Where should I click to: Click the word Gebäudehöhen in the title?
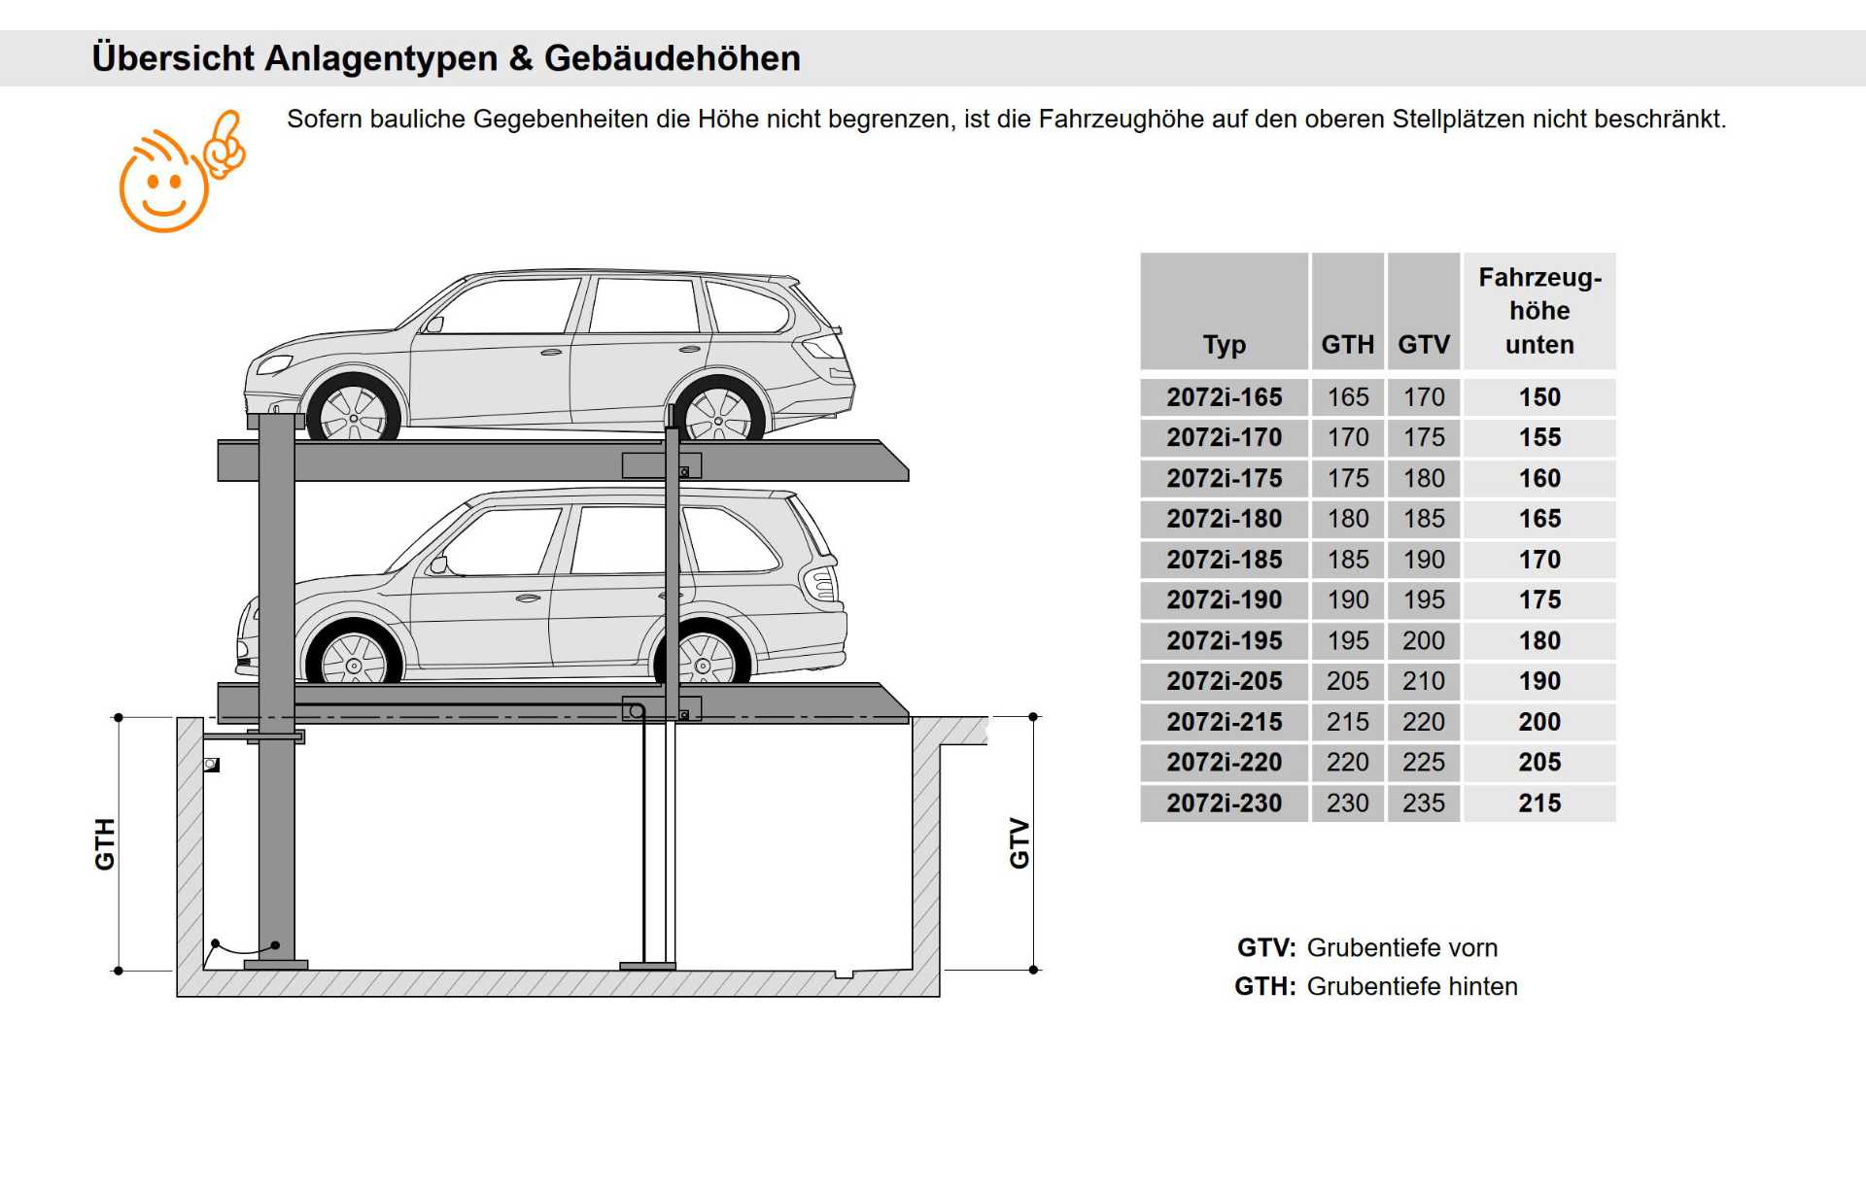(x=672, y=58)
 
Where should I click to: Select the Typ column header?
(x=1224, y=345)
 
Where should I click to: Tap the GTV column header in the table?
(x=1423, y=345)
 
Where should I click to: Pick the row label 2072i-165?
(x=1224, y=397)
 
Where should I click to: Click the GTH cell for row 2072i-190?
(x=1347, y=600)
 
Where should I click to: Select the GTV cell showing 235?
(x=1423, y=804)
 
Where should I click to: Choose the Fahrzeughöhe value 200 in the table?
(x=1539, y=722)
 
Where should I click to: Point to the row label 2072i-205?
(x=1224, y=681)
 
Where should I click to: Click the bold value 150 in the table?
(x=1539, y=397)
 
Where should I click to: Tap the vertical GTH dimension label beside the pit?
(x=105, y=843)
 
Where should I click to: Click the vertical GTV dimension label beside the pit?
(x=1019, y=843)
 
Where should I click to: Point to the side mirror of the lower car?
(x=439, y=564)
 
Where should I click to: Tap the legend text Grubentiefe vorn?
(x=1401, y=947)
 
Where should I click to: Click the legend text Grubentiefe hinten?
(x=1411, y=986)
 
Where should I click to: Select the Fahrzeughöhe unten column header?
(x=1539, y=311)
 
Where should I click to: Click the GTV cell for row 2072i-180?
(x=1423, y=519)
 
